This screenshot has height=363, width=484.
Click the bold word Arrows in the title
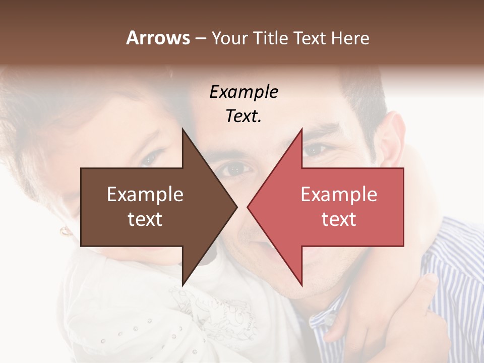[158, 38]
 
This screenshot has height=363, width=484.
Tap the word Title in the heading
[270, 38]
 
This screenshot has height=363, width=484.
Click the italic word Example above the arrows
[244, 92]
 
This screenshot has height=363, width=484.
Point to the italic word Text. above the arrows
[244, 116]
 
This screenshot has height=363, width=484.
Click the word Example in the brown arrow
[145, 195]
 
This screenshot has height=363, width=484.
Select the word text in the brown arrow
[145, 219]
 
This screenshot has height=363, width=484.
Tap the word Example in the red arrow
[338, 195]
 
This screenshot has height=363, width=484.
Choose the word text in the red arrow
[338, 219]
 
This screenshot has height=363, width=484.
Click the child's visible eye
[152, 158]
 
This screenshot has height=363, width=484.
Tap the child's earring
[66, 231]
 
